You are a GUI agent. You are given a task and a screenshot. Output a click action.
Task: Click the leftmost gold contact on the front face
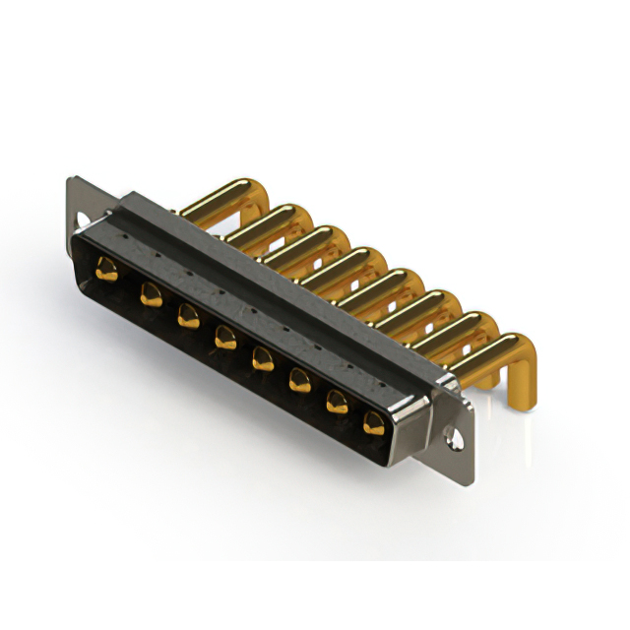[107, 269]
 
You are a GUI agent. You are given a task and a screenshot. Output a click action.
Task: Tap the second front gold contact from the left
[151, 292]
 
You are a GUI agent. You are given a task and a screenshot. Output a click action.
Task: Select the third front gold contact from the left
[187, 315]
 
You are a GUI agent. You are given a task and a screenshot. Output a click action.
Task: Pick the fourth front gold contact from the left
[224, 337]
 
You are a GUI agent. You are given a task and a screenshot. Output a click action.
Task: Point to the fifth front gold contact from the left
[262, 358]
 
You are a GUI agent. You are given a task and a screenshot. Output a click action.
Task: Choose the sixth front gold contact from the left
[299, 380]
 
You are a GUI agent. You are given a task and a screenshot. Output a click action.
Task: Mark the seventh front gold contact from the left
[337, 401]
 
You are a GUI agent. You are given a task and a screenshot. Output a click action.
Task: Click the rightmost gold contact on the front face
[373, 423]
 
